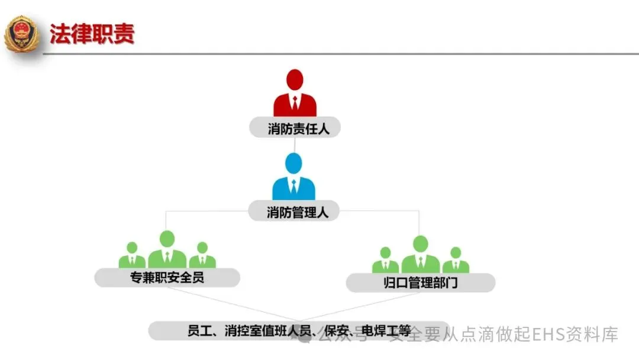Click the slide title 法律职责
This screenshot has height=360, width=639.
tap(92, 34)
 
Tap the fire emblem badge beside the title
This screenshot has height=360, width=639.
tap(21, 34)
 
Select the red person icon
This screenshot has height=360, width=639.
tap(295, 95)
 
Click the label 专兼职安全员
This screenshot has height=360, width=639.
tap(167, 277)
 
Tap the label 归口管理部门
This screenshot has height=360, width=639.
tap(420, 283)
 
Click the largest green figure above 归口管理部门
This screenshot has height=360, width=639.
tap(420, 255)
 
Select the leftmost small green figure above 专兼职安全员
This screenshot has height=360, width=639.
tap(132, 256)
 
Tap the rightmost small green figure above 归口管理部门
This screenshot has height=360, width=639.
tap(455, 261)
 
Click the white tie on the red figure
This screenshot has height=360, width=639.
tap(295, 103)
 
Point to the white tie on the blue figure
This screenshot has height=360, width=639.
tap(293, 187)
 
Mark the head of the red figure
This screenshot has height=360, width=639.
tap(295, 80)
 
